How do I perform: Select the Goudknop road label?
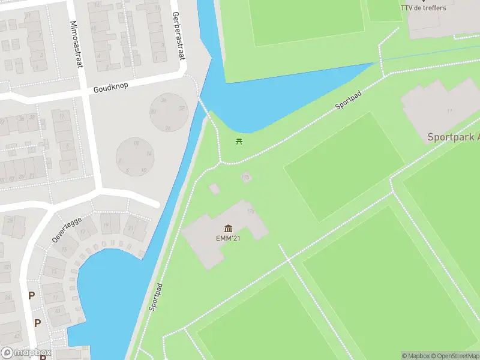111,88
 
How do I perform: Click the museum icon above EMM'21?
228,228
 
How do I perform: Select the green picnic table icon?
239,142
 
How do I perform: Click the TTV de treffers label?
424,7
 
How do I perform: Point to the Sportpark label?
453,137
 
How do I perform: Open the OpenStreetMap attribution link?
457,356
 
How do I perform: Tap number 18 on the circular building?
136,143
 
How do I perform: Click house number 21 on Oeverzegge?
131,227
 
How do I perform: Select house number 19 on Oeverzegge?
106,226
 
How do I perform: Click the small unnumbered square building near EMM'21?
214,189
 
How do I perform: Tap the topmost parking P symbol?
31,295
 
